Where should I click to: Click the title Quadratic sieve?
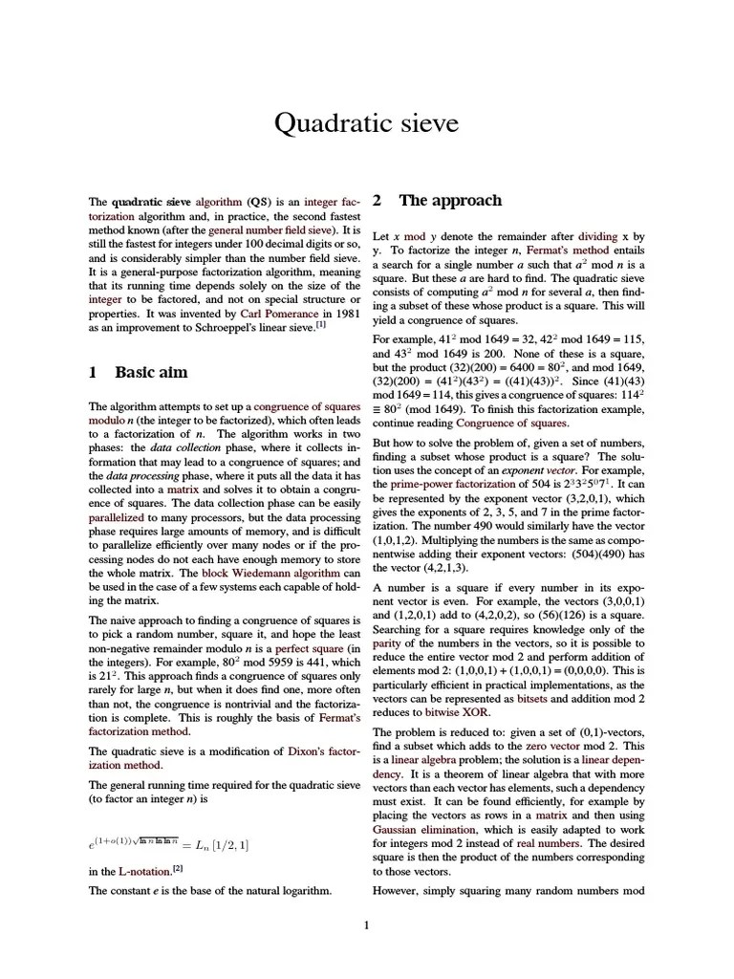(367, 123)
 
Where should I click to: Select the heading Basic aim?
(151, 372)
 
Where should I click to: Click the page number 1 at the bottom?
(367, 925)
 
